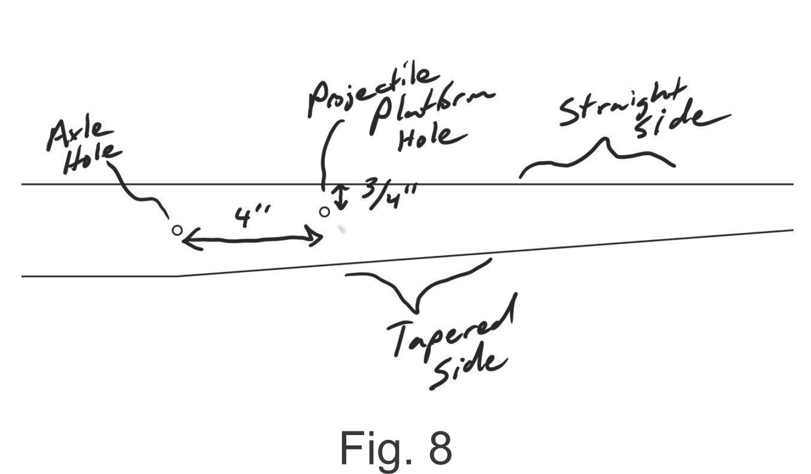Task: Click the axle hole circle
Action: pyautogui.click(x=177, y=230)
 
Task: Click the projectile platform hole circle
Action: pyautogui.click(x=325, y=212)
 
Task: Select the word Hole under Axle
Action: pyautogui.click(x=92, y=159)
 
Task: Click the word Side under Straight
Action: pyautogui.click(x=682, y=121)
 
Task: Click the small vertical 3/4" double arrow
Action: pyautogui.click(x=341, y=198)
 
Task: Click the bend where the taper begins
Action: pyautogui.click(x=177, y=276)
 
